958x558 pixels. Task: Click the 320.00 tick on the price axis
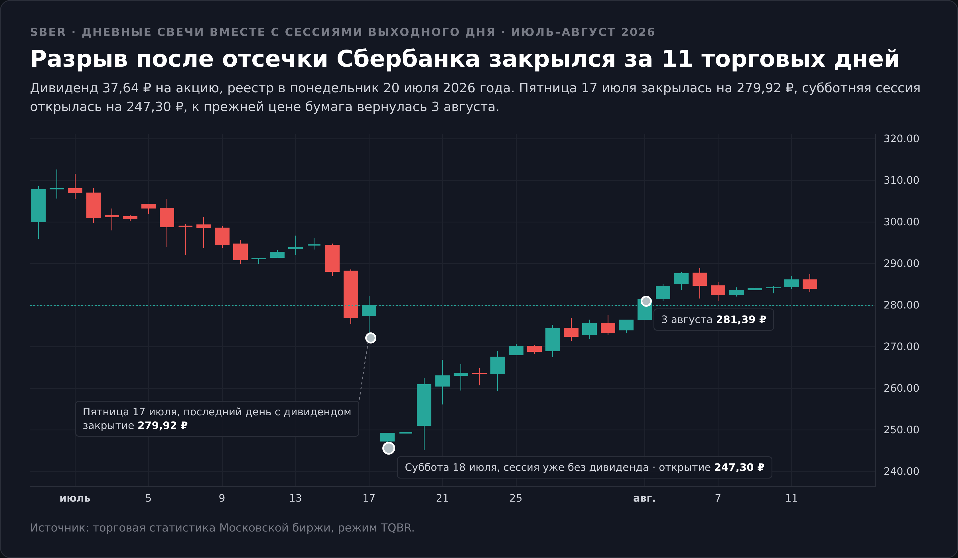(901, 139)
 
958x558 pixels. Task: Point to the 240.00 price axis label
(901, 471)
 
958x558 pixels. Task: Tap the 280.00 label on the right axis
(901, 305)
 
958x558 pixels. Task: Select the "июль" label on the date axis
(75, 498)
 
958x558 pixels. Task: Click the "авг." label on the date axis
(644, 498)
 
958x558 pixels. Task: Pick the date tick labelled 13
(295, 498)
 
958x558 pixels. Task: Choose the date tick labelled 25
(516, 498)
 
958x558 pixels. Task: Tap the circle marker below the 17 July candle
(371, 338)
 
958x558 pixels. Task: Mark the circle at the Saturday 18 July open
(389, 448)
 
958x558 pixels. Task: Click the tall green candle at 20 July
(424, 405)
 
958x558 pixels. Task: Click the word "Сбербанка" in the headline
(408, 59)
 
